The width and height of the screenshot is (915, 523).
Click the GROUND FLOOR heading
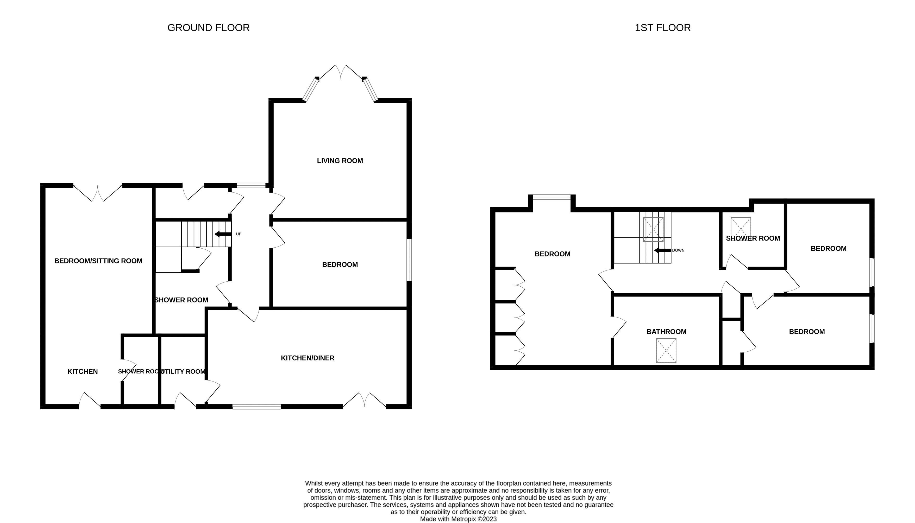tap(209, 28)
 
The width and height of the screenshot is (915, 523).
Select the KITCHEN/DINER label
tap(308, 358)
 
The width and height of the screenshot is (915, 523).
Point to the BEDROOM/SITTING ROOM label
tap(98, 261)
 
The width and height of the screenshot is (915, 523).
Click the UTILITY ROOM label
tap(183, 371)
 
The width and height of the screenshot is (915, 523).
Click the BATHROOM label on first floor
tap(666, 332)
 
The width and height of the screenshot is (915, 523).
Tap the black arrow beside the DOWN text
tap(662, 250)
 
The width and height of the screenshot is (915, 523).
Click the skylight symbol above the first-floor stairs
tap(653, 229)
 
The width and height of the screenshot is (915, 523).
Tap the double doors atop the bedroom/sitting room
tap(97, 193)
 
